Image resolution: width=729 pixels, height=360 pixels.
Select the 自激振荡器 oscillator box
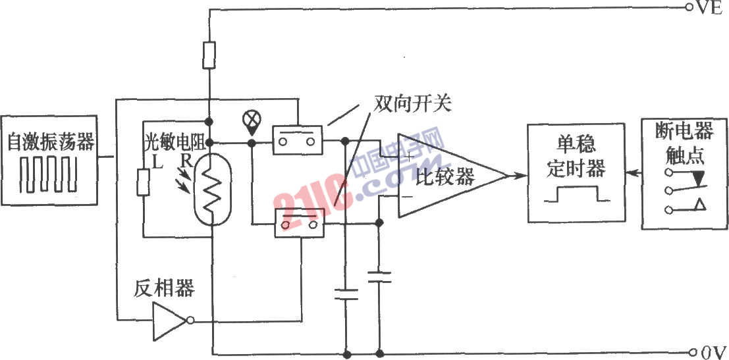[x=49, y=161]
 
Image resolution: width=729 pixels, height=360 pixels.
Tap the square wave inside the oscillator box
[x=47, y=174]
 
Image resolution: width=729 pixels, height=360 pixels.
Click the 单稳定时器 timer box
[x=576, y=173]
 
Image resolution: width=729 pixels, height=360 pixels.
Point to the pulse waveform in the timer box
[x=576, y=193]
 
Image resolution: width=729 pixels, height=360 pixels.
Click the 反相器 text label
[x=165, y=288]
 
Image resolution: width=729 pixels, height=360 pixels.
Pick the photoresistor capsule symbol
[x=211, y=188]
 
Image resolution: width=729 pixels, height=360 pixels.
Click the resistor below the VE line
[x=209, y=55]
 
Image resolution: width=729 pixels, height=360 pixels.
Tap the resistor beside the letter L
[x=143, y=182]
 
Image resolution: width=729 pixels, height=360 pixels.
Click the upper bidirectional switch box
[x=297, y=140]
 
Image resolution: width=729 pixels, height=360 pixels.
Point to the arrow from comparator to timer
[x=516, y=176]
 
